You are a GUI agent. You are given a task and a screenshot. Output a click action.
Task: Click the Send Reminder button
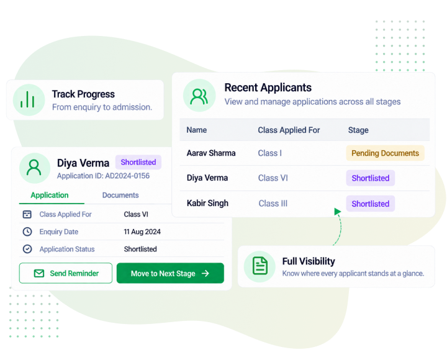coord(66,273)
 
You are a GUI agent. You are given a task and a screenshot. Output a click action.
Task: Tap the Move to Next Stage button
coord(170,273)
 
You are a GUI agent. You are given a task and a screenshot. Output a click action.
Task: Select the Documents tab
coord(120,196)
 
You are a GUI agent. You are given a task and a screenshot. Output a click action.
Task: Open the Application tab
coord(50,196)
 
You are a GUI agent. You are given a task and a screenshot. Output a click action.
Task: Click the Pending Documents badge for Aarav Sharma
coord(385,153)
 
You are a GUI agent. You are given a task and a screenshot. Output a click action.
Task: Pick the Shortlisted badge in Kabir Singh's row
coord(370,204)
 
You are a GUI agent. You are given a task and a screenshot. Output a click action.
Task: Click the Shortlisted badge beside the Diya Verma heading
coord(138,162)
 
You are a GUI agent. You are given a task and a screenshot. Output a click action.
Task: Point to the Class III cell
coord(273,204)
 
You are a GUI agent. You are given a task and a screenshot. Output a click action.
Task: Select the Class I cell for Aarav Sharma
coord(269,153)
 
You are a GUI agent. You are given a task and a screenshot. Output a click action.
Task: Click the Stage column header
coord(358,130)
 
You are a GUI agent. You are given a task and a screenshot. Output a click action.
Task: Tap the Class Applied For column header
coord(289,130)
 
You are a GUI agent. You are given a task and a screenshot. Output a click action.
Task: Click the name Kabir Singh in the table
coord(207,203)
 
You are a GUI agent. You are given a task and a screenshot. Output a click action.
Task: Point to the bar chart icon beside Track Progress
coord(27,99)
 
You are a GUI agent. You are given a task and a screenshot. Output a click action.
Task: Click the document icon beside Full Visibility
coord(260,266)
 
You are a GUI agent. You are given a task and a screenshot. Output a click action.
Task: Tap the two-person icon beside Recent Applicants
coord(199,96)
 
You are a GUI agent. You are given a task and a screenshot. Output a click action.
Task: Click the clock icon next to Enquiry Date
coord(27,232)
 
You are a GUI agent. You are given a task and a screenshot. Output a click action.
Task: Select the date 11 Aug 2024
coord(142,232)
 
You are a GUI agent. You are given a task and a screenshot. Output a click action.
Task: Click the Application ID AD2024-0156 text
coord(103,176)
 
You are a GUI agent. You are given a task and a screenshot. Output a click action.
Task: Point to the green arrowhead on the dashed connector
coord(337,212)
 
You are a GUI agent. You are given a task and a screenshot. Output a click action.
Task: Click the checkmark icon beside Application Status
coord(27,249)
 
